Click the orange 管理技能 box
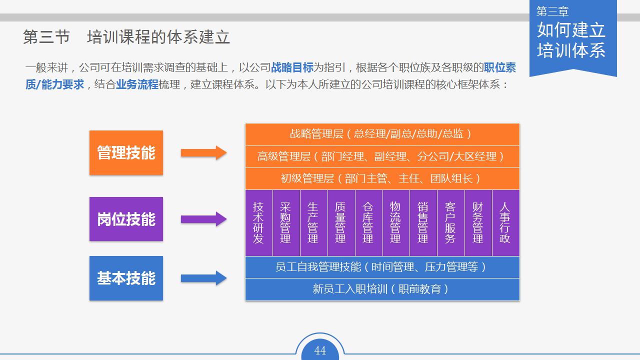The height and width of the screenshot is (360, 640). click(x=126, y=152)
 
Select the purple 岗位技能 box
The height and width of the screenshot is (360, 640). click(x=126, y=219)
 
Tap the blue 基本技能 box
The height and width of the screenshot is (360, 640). click(x=126, y=278)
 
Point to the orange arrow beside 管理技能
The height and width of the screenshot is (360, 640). click(x=203, y=153)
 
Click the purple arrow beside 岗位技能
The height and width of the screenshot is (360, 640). click(x=203, y=219)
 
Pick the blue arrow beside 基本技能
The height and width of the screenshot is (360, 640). click(x=203, y=278)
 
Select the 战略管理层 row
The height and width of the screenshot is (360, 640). click(x=382, y=134)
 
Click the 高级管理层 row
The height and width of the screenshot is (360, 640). click(x=382, y=156)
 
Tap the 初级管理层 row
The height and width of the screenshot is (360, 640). click(x=382, y=178)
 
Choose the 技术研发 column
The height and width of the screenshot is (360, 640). click(x=258, y=222)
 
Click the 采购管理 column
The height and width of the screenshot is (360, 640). click(x=285, y=222)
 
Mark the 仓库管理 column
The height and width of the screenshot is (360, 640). click(x=368, y=222)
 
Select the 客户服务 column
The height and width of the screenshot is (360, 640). click(x=450, y=222)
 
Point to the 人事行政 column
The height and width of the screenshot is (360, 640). click(x=505, y=222)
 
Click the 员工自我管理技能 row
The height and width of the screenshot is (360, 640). click(x=382, y=267)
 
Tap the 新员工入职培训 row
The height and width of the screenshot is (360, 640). click(x=382, y=289)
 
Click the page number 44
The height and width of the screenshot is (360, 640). click(x=320, y=350)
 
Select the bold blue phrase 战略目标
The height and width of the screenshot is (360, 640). click(x=292, y=67)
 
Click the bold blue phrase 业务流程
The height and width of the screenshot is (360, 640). click(x=137, y=84)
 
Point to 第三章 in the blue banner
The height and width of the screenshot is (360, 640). click(x=552, y=11)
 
